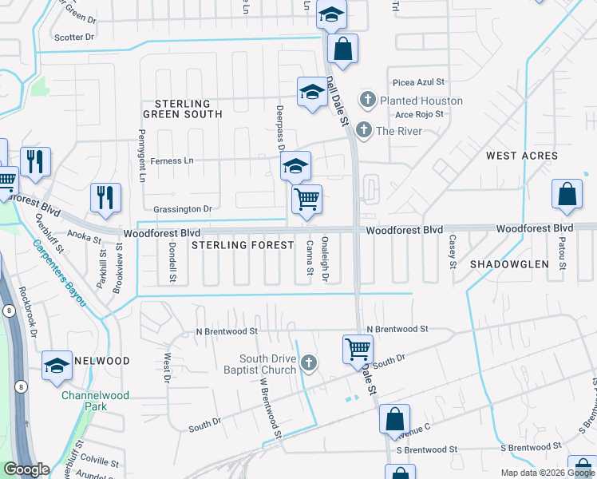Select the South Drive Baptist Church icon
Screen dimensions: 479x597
tap(309, 365)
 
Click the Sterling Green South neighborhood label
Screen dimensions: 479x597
tap(183, 109)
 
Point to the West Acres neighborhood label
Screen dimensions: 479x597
tap(522, 156)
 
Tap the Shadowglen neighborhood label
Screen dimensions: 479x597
tap(510, 263)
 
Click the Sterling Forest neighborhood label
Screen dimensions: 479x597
tap(243, 245)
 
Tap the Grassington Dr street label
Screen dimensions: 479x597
tap(184, 209)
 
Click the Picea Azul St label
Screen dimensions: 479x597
tap(418, 82)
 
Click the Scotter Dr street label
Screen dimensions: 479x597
tap(73, 37)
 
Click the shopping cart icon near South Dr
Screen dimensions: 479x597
tap(358, 348)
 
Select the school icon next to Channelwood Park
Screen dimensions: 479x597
tap(57, 365)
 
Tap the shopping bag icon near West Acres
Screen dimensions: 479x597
tap(567, 194)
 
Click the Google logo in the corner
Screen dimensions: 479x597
tap(26, 469)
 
